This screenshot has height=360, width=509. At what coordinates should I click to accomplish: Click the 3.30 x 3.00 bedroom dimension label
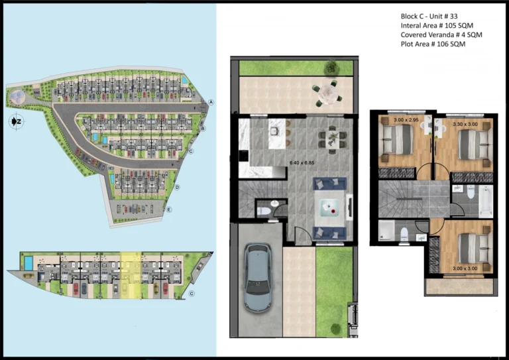465,123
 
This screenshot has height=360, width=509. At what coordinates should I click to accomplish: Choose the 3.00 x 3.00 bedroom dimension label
463,269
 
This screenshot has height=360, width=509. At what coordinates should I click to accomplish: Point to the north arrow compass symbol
15,122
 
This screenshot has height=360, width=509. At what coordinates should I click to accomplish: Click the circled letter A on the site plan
211,102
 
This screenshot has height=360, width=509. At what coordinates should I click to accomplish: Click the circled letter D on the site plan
178,187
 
